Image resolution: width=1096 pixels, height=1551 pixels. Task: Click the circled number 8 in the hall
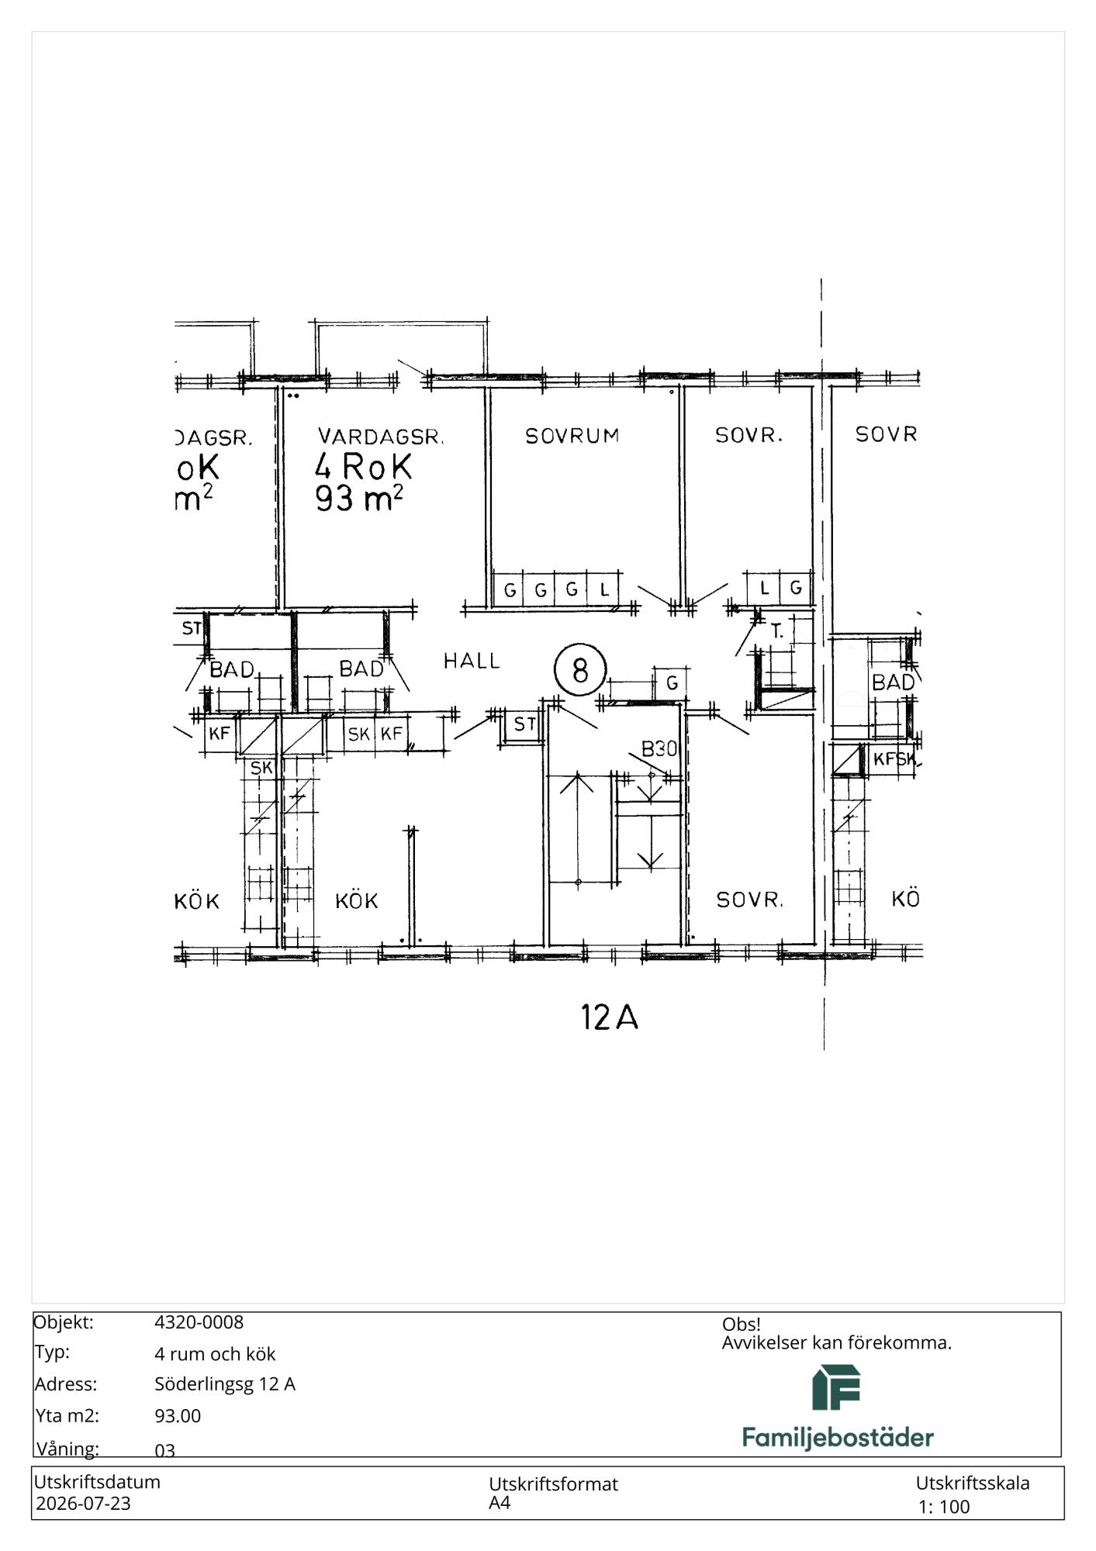(x=580, y=669)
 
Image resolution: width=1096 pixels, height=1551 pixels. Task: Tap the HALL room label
(x=472, y=661)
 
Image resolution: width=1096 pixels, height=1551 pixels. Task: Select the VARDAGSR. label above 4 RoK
(x=380, y=437)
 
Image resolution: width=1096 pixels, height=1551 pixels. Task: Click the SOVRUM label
(x=572, y=436)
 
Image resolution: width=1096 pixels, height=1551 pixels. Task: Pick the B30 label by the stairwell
(x=659, y=748)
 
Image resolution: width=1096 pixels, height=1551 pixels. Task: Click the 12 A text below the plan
(x=610, y=1017)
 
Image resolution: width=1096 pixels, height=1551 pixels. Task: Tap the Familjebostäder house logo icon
(x=836, y=1388)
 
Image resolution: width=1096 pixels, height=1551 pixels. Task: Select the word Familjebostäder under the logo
(x=838, y=1439)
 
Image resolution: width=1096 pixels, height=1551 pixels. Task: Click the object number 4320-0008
(x=199, y=1322)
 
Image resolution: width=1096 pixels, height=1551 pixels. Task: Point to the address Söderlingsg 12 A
(x=225, y=1384)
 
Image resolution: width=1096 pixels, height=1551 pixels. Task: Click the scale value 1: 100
(x=944, y=1507)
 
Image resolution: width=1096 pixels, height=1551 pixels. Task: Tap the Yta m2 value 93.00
(x=178, y=1415)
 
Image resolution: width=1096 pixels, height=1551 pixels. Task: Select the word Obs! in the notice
(x=741, y=1324)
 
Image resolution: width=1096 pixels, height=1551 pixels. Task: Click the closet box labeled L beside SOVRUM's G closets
(x=604, y=589)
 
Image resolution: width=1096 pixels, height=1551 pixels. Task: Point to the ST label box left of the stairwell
(x=524, y=724)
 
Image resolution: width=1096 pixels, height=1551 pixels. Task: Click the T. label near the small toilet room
(x=777, y=632)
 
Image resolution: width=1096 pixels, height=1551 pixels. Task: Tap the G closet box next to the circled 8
(x=672, y=683)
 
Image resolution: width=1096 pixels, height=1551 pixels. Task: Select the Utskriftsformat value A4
(x=500, y=1502)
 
